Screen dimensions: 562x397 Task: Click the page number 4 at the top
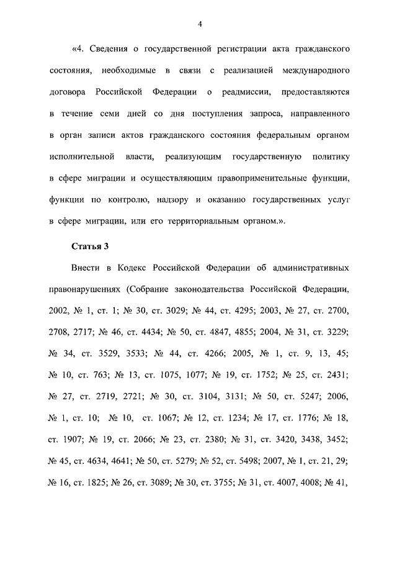[200, 24]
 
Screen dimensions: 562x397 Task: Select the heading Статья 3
[89, 247]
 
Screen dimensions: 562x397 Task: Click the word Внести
[87, 268]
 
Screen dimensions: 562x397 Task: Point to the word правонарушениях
[84, 290]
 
